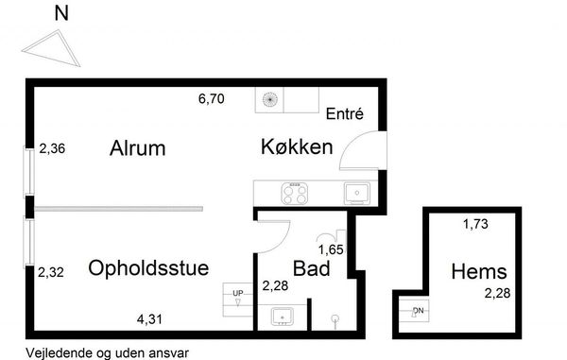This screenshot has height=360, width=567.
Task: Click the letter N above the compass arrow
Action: (61, 13)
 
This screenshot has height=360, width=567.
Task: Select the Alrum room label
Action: (137, 147)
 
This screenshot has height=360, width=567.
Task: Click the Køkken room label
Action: (297, 146)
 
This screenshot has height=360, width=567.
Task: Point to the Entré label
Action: (345, 113)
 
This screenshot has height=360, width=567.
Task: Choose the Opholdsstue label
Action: (148, 267)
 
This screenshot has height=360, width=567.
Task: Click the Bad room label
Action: (311, 268)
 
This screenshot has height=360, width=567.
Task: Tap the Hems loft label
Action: (479, 271)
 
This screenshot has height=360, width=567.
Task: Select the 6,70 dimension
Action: (211, 98)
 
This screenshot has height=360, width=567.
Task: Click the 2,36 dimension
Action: (52, 148)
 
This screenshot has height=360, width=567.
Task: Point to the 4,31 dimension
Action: (149, 319)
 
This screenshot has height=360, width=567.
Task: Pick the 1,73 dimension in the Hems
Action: (475, 224)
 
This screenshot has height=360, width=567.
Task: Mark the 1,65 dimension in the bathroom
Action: (331, 249)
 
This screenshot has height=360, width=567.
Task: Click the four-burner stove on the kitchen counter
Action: (295, 194)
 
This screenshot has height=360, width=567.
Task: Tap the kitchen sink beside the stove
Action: (357, 194)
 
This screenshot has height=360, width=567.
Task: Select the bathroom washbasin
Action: (283, 317)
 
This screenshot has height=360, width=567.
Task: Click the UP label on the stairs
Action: (238, 293)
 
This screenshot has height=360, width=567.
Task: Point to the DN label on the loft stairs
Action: (419, 311)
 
